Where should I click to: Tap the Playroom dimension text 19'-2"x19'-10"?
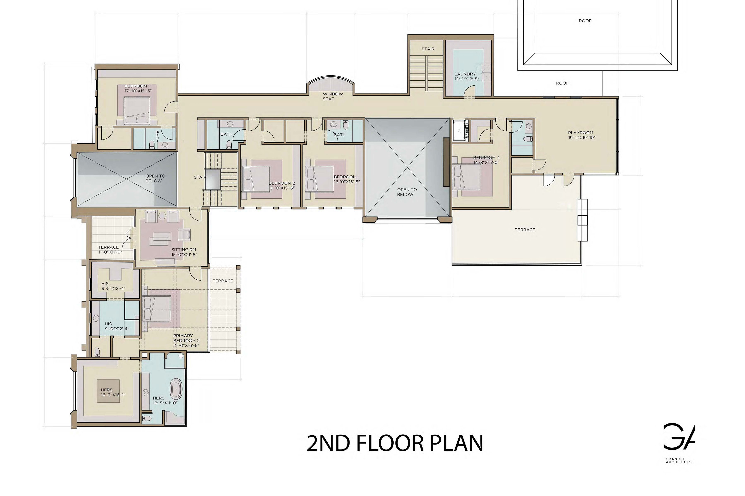point(582,138)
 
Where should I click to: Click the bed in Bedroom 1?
point(137,110)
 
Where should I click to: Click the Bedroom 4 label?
point(486,157)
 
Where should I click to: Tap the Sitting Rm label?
point(184,250)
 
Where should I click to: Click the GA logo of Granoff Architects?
point(679,437)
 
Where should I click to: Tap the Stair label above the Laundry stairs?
point(428,49)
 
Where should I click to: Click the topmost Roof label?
point(585,21)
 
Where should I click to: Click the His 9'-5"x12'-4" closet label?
point(105,284)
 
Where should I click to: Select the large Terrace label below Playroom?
point(525,230)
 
